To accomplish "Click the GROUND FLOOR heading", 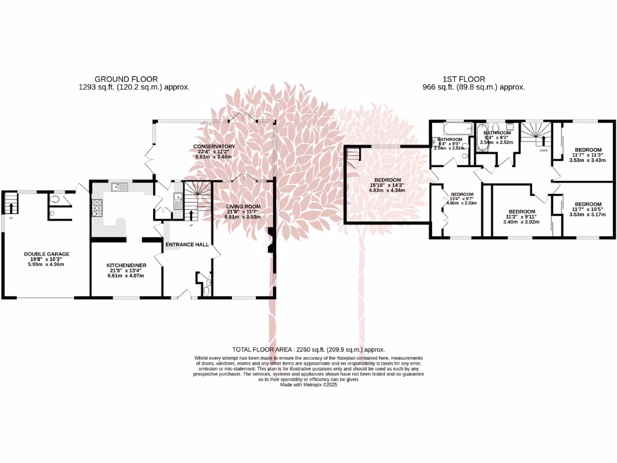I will point(127,79).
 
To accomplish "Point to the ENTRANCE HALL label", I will point(187,245).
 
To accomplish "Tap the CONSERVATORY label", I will point(214,146).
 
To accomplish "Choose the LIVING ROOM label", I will point(243,207).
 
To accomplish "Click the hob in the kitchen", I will point(96,209).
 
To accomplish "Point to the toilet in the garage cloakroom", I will point(56,198).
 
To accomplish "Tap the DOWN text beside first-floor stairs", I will point(543,150).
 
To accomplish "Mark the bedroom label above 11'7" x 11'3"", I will point(587,150).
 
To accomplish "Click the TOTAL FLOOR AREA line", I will point(308,350).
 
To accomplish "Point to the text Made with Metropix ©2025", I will point(308,385).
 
